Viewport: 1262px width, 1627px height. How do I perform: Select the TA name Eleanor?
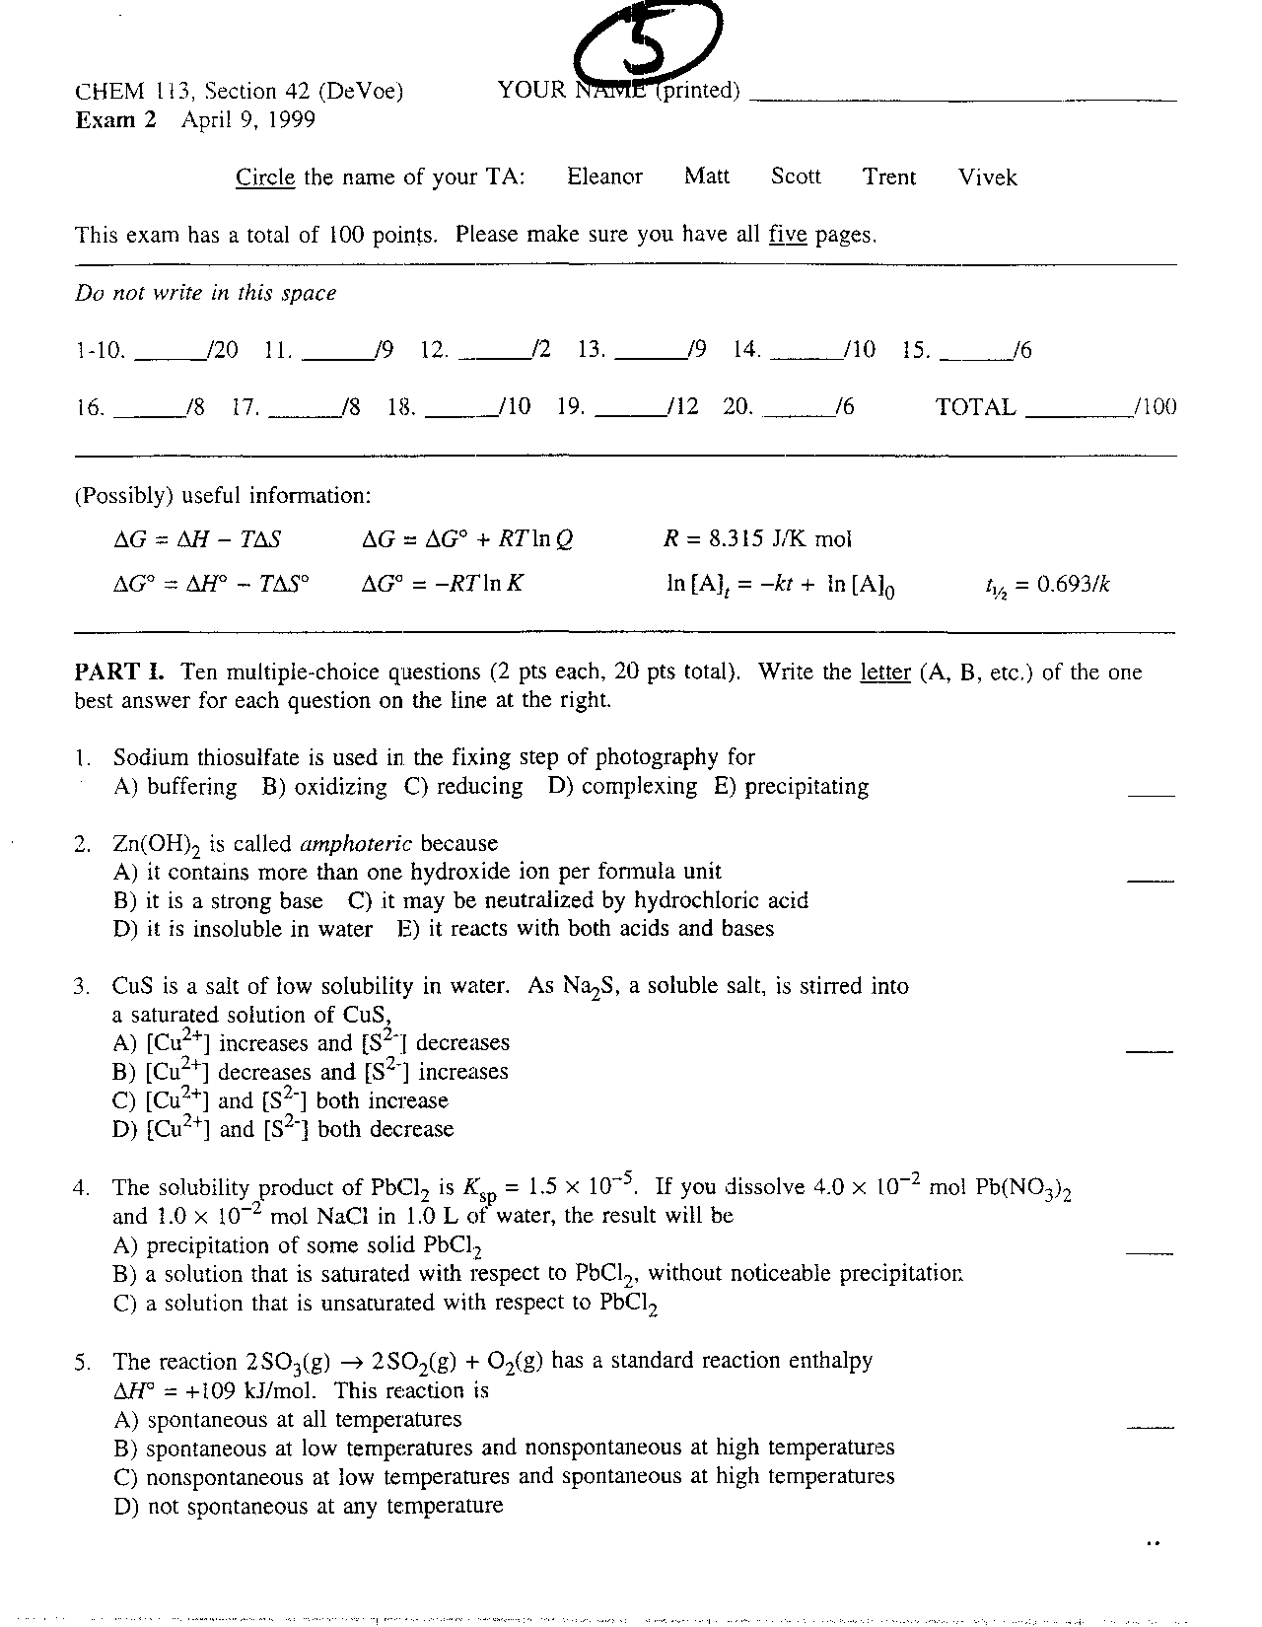point(604,177)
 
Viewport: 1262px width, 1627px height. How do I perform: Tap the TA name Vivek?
point(987,177)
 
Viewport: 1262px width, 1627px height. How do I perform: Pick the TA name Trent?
point(889,177)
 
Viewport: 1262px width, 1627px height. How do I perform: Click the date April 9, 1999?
point(248,120)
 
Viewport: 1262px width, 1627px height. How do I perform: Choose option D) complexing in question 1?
point(623,787)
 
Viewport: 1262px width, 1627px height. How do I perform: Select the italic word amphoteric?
point(356,844)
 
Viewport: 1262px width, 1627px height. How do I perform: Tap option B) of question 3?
point(311,1072)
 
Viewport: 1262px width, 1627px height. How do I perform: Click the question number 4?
point(82,1188)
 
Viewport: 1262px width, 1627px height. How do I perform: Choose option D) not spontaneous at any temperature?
point(309,1507)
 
